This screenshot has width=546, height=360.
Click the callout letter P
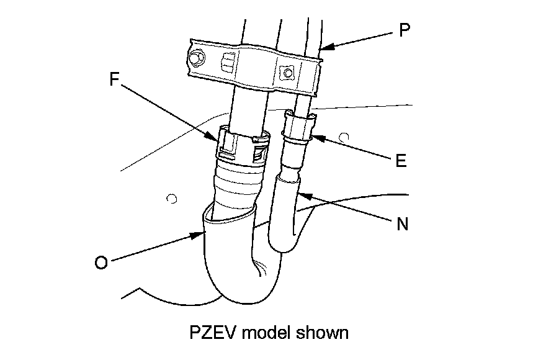coord(404,30)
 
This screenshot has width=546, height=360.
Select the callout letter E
coord(400,160)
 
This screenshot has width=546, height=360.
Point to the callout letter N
coord(402,223)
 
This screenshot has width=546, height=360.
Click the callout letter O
coord(101,263)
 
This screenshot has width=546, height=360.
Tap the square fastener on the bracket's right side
coord(287,72)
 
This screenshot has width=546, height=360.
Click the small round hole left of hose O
coord(172,199)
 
